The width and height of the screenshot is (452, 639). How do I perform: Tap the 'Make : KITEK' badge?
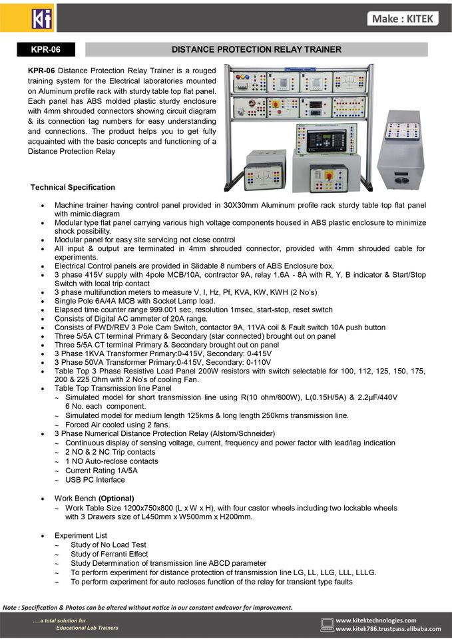pyautogui.click(x=403, y=19)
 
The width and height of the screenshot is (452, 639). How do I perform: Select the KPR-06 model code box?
pyautogui.click(x=45, y=49)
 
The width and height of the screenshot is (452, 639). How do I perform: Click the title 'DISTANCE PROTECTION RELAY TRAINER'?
pyautogui.click(x=256, y=49)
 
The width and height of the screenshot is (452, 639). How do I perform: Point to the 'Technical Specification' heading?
pyautogui.click(x=73, y=188)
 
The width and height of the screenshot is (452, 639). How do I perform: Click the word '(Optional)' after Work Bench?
pyautogui.click(x=116, y=498)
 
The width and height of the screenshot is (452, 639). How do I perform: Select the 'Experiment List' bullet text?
pyautogui.click(x=81, y=535)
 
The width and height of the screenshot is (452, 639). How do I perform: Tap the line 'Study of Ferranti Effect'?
pyautogui.click(x=109, y=554)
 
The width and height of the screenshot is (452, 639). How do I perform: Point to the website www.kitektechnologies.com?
pyautogui.click(x=376, y=620)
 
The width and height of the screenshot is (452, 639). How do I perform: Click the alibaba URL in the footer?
pyautogui.click(x=388, y=629)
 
